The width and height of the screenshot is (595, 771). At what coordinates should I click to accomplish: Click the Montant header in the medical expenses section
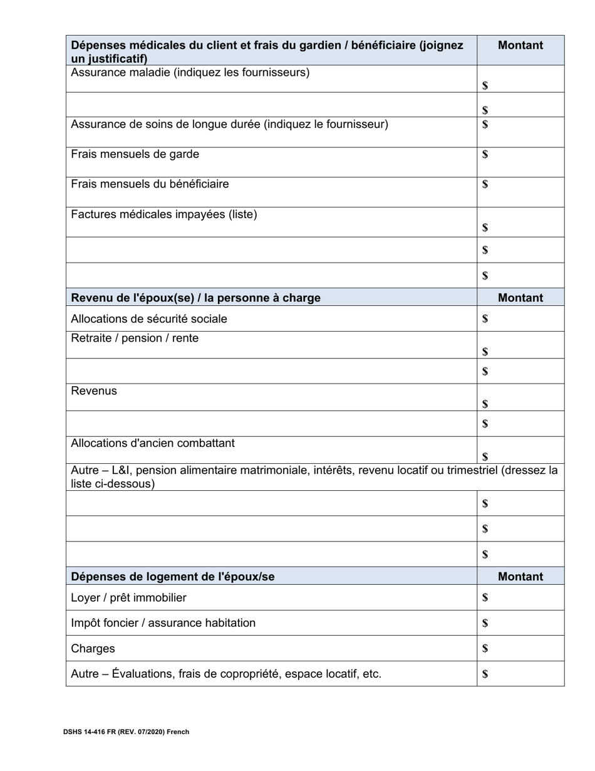click(x=520, y=45)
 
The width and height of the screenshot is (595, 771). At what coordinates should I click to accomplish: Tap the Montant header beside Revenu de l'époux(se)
click(x=520, y=298)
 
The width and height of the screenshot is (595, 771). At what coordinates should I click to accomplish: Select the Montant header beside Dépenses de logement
click(x=520, y=577)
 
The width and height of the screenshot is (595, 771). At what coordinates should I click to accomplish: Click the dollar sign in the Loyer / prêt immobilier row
click(x=485, y=598)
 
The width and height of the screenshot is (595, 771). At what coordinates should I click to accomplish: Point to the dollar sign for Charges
click(x=485, y=649)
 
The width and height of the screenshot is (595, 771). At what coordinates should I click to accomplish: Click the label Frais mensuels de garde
click(x=135, y=154)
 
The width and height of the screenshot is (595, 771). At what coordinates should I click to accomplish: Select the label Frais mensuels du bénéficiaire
click(x=150, y=184)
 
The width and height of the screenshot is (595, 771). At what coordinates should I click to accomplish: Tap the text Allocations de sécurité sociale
click(x=149, y=319)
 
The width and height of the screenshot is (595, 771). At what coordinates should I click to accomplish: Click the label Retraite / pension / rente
click(x=135, y=338)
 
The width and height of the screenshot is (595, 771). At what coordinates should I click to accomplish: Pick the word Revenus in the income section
click(x=94, y=391)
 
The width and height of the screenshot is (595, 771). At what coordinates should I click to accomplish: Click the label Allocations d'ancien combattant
click(x=153, y=444)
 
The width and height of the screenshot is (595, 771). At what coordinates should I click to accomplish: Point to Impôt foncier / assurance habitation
click(x=163, y=623)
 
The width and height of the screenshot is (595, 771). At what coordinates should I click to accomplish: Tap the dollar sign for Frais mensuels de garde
click(x=485, y=154)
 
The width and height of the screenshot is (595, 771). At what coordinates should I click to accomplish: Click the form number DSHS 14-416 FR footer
click(x=126, y=732)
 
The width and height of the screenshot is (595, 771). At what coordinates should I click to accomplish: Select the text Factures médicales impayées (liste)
click(x=164, y=215)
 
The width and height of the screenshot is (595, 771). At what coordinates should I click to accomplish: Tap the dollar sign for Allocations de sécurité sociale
click(x=485, y=319)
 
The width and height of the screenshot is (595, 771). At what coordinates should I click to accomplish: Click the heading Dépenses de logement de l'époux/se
click(x=173, y=577)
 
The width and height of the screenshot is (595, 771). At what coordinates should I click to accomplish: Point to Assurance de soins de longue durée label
click(x=229, y=124)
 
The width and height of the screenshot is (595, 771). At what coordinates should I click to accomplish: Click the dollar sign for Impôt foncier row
click(x=485, y=623)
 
